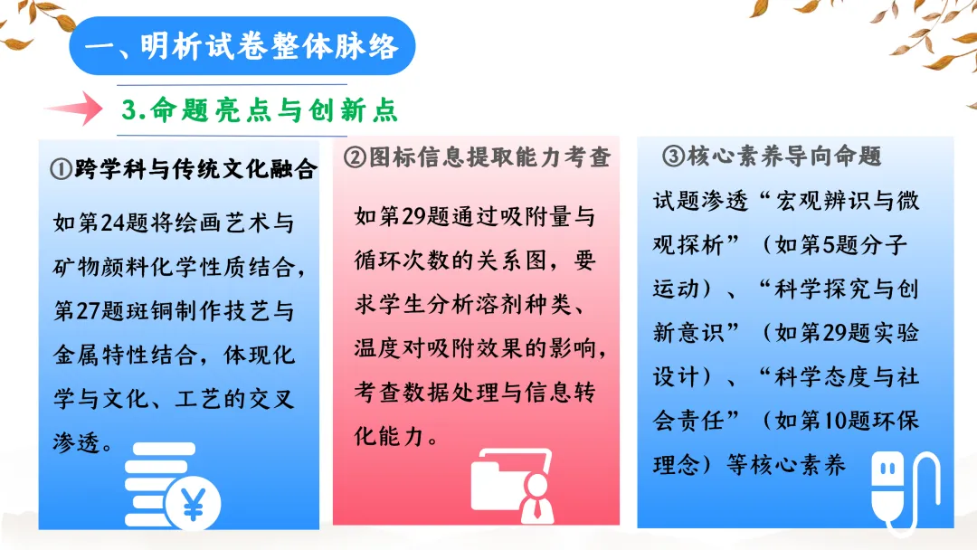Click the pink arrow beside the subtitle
74,109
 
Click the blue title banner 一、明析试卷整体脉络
242,45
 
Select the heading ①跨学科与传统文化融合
184,169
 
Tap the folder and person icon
512,483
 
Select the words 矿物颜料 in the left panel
100,267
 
